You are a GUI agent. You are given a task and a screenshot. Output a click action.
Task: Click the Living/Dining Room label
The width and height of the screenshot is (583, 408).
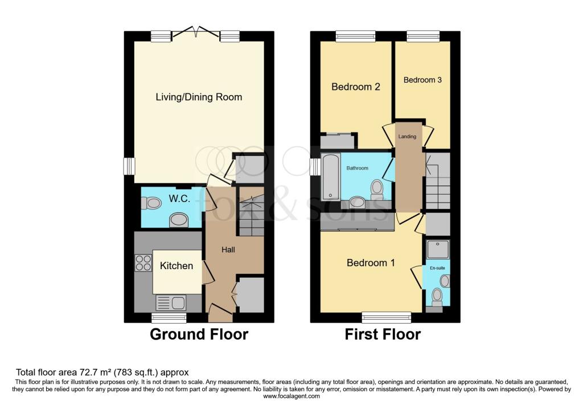click(199, 97)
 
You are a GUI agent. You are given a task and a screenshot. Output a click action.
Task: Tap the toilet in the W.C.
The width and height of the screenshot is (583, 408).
click(152, 203)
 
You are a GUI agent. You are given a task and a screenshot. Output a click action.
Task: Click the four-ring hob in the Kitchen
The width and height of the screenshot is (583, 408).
click(142, 262)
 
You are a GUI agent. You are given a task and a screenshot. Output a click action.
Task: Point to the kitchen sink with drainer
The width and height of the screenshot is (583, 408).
click(170, 302)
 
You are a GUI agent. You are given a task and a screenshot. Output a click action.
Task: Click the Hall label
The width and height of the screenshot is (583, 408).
click(228, 249)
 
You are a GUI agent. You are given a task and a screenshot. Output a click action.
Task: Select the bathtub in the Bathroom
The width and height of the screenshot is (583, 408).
click(330, 176)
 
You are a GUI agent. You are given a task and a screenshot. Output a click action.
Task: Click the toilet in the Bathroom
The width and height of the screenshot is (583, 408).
click(376, 188)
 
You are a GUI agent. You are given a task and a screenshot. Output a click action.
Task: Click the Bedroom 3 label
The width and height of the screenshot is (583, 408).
click(422, 80)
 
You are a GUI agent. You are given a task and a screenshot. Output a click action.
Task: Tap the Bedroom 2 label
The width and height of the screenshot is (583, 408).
click(356, 87)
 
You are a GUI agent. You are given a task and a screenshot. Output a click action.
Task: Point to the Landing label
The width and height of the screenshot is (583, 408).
click(407, 137)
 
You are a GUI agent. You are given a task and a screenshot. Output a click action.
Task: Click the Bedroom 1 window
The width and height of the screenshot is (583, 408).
click(387, 317)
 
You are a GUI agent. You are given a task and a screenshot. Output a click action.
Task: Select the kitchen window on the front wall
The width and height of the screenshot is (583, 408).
click(169, 317)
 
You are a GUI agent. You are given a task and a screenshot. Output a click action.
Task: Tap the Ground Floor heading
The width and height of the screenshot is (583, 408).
click(199, 335)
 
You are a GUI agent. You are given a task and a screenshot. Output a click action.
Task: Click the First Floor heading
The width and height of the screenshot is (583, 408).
click(383, 335)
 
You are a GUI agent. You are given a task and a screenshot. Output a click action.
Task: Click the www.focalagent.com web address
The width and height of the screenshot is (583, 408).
click(291, 396)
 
